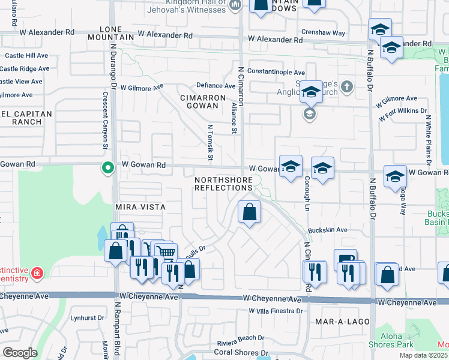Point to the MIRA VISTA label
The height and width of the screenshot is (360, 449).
point(139,206)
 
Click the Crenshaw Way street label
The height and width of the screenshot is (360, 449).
point(324,33)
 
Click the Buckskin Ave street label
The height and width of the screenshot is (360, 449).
point(328,230)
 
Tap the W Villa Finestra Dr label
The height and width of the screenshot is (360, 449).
point(276,311)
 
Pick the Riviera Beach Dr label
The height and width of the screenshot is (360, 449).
point(241,338)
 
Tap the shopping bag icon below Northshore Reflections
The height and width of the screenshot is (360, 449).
point(249,212)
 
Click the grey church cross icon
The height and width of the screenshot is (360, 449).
point(346,88)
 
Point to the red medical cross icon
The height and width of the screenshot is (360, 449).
point(37,273)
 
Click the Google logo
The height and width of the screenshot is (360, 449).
point(20,353)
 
